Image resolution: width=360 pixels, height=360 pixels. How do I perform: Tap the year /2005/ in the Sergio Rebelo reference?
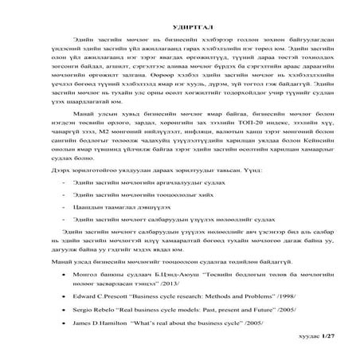point(266,308)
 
